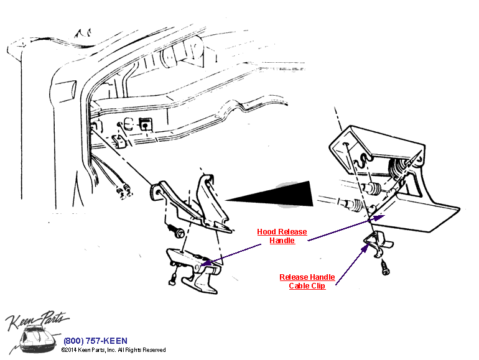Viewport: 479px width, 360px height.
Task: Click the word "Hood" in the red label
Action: point(267,232)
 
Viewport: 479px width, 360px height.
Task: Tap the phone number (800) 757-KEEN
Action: point(95,341)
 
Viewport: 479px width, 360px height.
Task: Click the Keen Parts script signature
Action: point(37,321)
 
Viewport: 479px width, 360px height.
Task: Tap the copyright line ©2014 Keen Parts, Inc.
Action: point(113,350)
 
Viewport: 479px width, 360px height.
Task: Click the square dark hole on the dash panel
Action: point(145,124)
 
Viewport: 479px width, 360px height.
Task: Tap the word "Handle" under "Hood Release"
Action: point(282,241)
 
